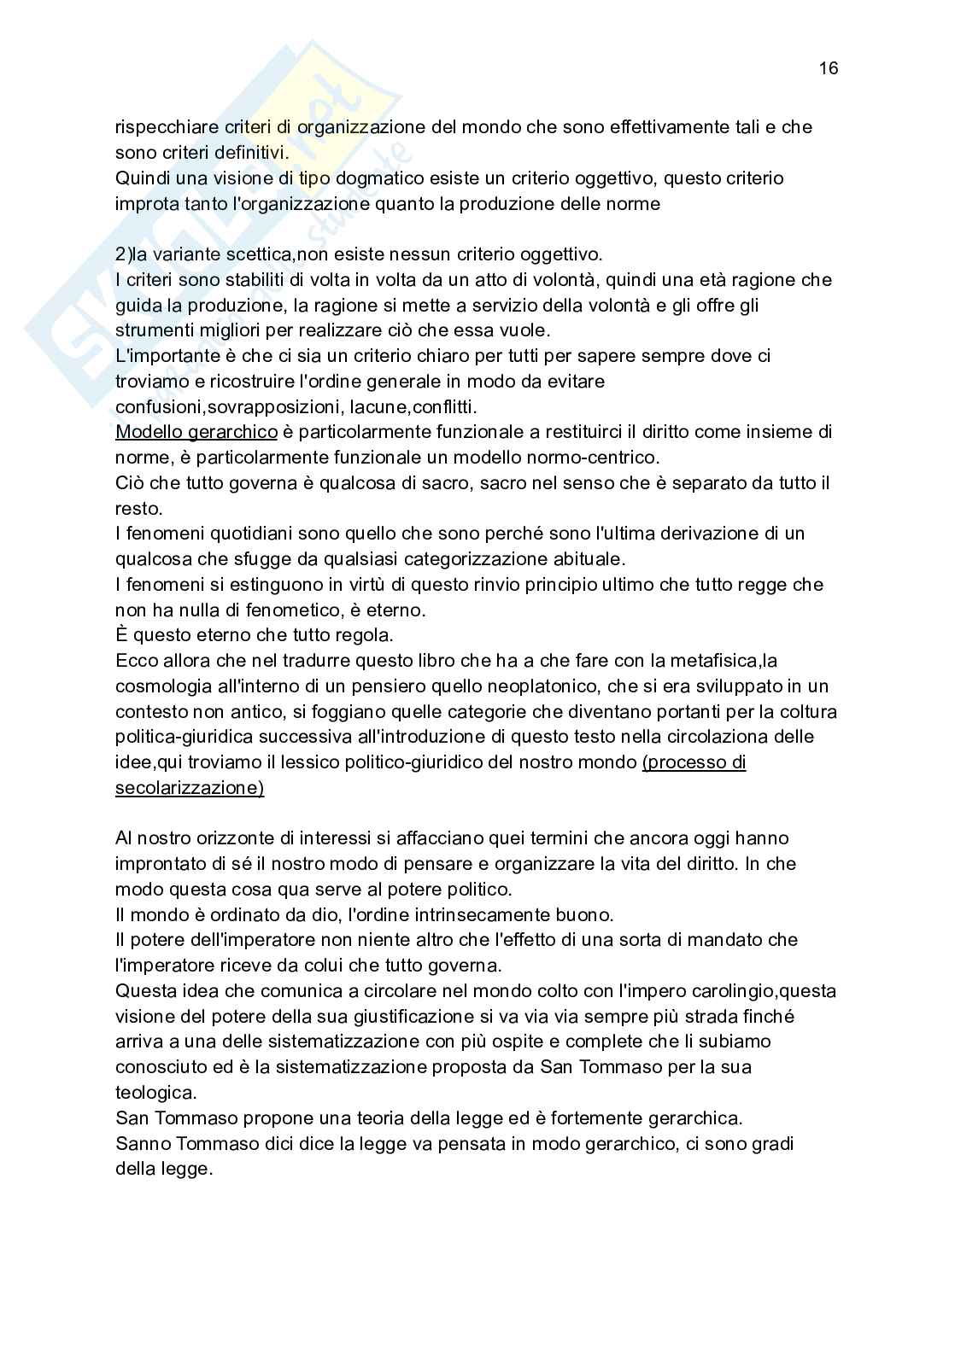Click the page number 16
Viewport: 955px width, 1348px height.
coord(828,68)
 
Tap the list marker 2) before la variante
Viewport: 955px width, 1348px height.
coord(123,254)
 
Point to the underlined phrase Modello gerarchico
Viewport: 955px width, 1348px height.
coord(196,432)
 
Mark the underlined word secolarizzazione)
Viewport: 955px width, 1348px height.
coord(190,788)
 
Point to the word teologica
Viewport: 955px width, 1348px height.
coord(155,1093)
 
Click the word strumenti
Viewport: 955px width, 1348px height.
coord(153,330)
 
